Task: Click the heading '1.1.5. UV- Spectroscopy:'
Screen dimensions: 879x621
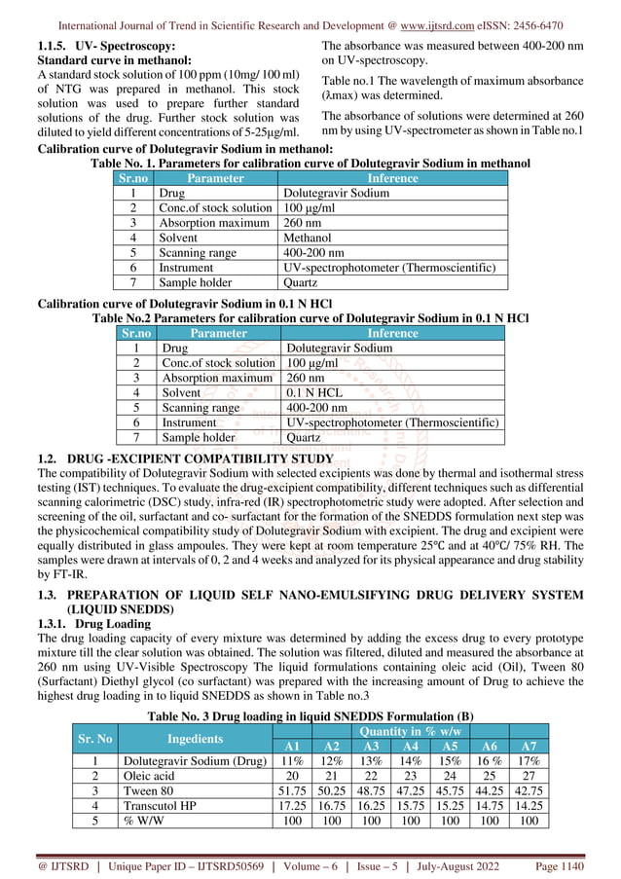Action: pyautogui.click(x=106, y=46)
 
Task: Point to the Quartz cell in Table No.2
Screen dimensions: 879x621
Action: pyautogui.click(x=305, y=438)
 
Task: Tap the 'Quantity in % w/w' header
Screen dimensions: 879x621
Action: pyautogui.click(x=411, y=731)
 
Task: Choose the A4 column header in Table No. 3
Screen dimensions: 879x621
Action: pyautogui.click(x=410, y=746)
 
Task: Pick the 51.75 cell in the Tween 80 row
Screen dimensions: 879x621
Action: pyautogui.click(x=287, y=791)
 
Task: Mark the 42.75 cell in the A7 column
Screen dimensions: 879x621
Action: pyautogui.click(x=529, y=791)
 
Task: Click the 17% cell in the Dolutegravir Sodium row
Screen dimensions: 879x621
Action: pyautogui.click(x=529, y=761)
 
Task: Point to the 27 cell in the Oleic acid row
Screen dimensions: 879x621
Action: pyautogui.click(x=529, y=777)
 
